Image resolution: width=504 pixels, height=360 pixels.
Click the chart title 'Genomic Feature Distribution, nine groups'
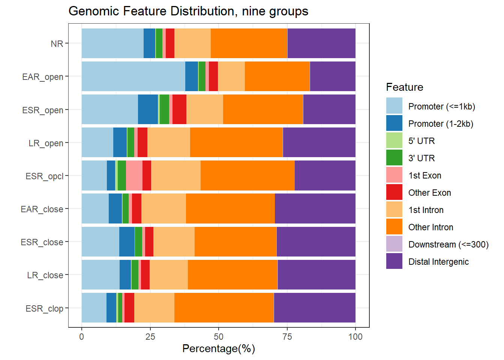point(188,11)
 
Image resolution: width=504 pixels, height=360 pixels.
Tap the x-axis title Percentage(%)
point(219,349)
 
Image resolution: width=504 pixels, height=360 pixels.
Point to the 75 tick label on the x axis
point(287,337)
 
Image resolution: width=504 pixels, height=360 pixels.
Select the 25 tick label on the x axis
point(150,337)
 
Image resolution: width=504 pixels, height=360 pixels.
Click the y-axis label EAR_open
point(42,77)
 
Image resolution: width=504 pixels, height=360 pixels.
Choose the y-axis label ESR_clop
point(44,309)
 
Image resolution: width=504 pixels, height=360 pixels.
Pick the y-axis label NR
point(57,44)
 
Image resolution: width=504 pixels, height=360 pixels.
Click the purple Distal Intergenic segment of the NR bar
point(321,43)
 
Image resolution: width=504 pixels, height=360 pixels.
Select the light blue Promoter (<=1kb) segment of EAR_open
point(133,76)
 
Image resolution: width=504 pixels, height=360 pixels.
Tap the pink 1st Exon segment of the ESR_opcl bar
point(134,175)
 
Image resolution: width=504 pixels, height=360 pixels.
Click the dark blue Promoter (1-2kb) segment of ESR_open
point(148,109)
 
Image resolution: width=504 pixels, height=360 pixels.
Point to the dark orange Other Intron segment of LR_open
point(237,142)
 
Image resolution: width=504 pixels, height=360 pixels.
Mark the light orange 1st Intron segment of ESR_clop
point(154,307)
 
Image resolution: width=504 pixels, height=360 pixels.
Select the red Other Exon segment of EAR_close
point(136,208)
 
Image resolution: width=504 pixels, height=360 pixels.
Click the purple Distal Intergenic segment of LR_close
point(316,275)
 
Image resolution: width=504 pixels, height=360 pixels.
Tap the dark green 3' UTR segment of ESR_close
point(138,241)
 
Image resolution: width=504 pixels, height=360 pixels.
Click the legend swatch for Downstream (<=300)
point(394,244)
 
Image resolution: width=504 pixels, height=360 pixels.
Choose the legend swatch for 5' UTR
point(394,140)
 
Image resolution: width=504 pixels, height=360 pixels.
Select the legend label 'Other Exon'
point(429,193)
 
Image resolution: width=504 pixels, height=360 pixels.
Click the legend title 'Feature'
point(405,87)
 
